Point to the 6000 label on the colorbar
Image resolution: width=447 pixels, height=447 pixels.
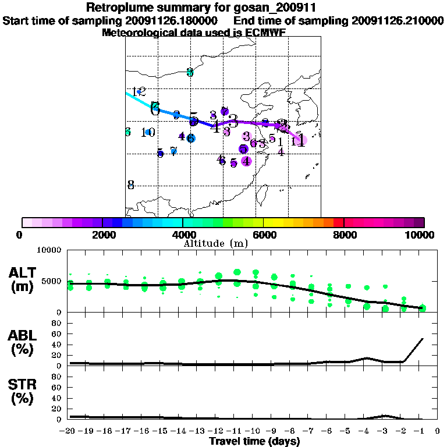[264, 235]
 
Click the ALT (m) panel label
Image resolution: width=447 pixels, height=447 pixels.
[23, 279]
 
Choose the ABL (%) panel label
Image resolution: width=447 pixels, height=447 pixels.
[23, 343]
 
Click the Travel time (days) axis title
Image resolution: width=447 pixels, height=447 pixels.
[254, 442]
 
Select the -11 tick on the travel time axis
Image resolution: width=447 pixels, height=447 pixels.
[236, 431]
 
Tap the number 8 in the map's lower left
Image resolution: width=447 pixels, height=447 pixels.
[131, 185]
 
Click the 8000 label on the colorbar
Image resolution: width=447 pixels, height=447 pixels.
[345, 235]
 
